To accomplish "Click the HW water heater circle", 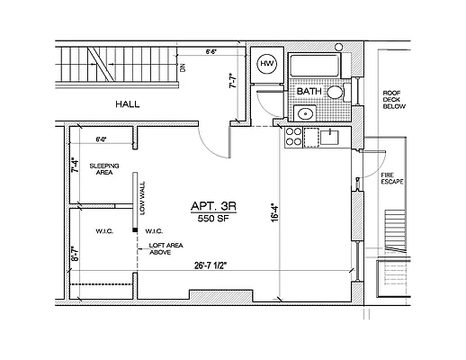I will tap(266, 64).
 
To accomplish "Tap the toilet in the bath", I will tap(335, 93).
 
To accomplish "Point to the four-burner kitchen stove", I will tap(293, 137).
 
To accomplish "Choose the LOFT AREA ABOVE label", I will tap(166, 248).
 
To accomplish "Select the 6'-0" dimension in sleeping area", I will tap(101, 139).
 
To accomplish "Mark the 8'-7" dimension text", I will tap(75, 253).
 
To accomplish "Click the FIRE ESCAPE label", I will tap(390, 177).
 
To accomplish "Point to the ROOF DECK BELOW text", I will tap(395, 99).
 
